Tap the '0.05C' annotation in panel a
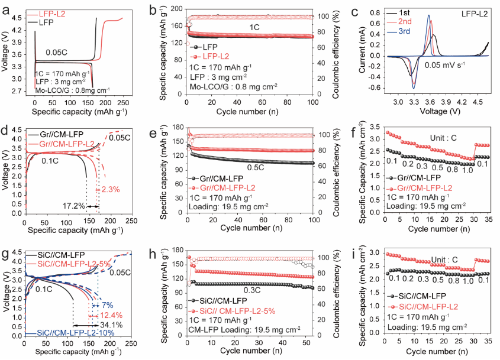click(x=59, y=51)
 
